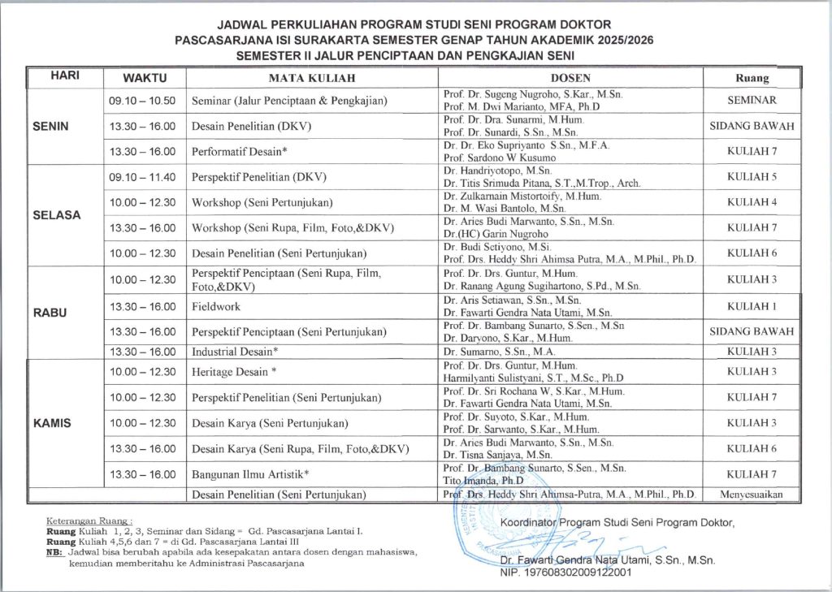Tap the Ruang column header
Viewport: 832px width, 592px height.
pos(752,78)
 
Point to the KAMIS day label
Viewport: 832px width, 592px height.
pos(53,423)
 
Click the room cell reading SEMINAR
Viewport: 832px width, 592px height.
pos(752,101)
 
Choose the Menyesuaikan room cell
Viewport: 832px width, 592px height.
pos(752,494)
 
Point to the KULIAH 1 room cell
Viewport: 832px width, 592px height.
pos(752,306)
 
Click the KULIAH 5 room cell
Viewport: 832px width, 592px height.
pos(752,176)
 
